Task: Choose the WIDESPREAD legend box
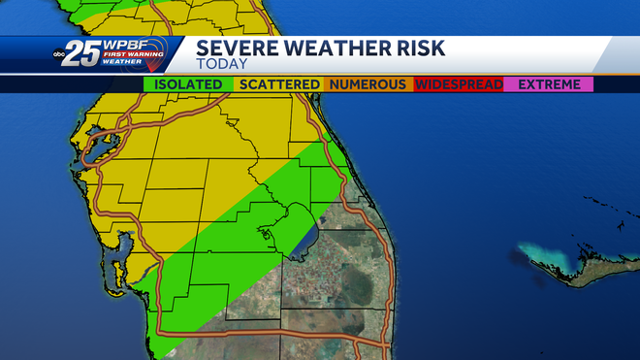pos(459,84)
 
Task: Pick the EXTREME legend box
pos(549,84)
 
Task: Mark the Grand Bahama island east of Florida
pos(582,254)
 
